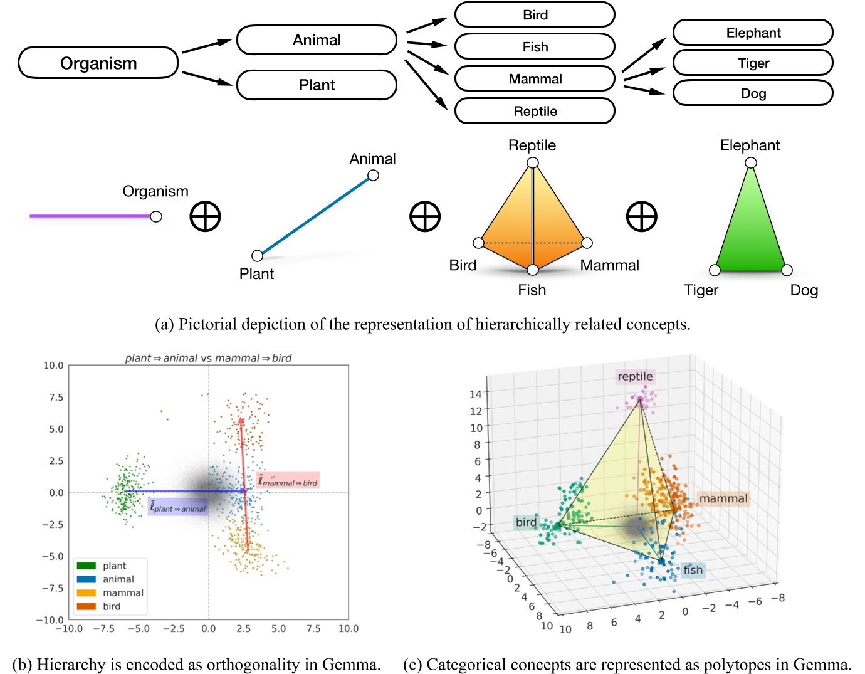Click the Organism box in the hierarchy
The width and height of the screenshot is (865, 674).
coord(98,63)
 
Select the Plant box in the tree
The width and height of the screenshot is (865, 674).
coord(317,85)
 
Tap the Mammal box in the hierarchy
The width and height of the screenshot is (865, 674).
coord(535,79)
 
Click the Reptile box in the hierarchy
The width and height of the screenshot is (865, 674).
coord(535,111)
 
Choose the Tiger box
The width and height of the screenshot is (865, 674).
coord(753,63)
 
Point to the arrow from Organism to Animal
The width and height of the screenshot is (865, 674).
coord(207,46)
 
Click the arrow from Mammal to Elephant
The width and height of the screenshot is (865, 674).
coord(644,55)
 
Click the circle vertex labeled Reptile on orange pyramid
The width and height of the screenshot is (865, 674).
coord(533,163)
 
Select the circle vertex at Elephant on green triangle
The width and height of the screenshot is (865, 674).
coord(751,163)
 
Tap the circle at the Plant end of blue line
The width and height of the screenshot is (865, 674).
coord(257,255)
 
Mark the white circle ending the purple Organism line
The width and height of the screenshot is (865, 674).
coord(156,216)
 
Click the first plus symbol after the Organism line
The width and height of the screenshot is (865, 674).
coord(205,217)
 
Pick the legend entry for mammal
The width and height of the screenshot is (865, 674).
coord(123,592)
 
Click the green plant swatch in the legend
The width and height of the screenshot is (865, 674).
coord(86,566)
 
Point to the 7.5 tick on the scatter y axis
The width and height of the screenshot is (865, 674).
coord(56,398)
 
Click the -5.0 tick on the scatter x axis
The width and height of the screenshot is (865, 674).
coord(139,629)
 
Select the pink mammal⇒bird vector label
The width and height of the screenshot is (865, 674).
coord(288,481)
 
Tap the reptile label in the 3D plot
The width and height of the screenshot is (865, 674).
coord(635,376)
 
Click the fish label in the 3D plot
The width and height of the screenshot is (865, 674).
coord(693,569)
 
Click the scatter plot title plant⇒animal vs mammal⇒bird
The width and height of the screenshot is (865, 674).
coord(208,358)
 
